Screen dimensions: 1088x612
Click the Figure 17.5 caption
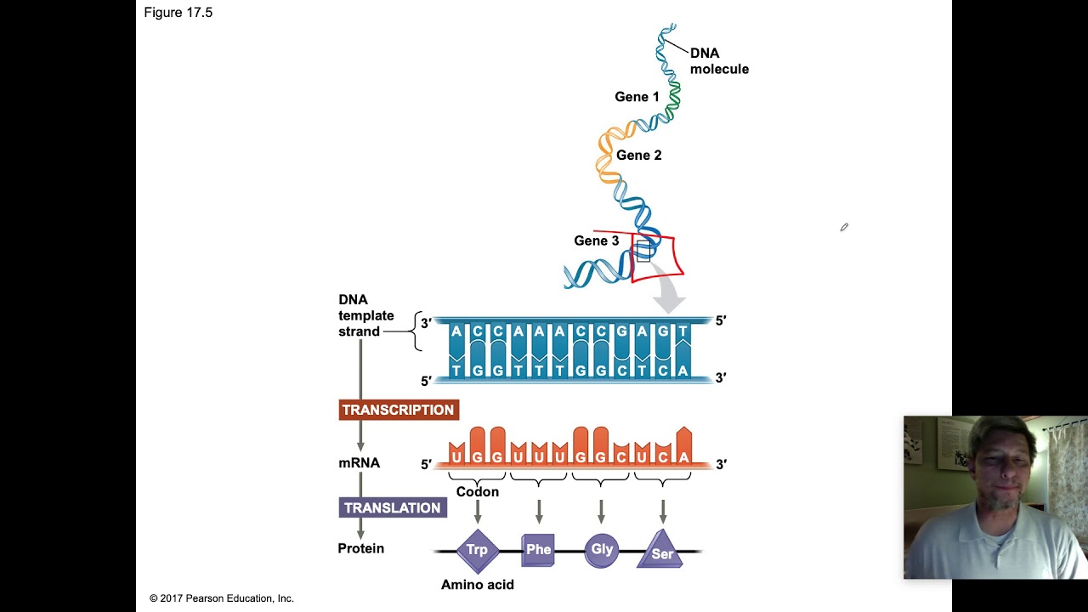click(x=178, y=13)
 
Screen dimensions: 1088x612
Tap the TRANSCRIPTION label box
click(x=399, y=410)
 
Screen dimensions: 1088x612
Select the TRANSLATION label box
click(x=393, y=508)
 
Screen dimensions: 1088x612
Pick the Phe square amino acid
click(x=538, y=550)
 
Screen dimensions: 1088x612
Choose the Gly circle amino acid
click(x=601, y=550)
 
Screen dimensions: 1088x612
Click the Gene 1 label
click(x=637, y=97)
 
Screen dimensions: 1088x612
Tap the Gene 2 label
click(x=638, y=155)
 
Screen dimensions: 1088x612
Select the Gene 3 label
click(x=597, y=241)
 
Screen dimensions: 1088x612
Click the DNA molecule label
click(x=719, y=60)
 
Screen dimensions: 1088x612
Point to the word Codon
click(x=478, y=492)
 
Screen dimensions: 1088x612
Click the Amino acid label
click(x=478, y=585)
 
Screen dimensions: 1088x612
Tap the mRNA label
click(x=359, y=463)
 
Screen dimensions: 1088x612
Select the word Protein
click(x=361, y=548)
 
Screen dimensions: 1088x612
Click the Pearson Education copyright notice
click(x=222, y=598)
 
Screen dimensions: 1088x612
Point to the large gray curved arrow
click(x=666, y=288)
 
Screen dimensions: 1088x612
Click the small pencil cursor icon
click(x=844, y=227)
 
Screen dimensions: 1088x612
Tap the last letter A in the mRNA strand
click(x=684, y=457)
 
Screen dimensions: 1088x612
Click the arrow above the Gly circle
click(x=601, y=512)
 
